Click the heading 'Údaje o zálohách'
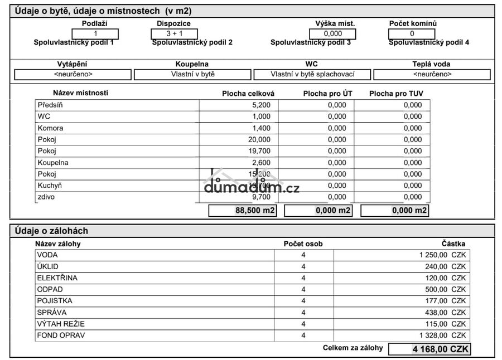click(51, 231)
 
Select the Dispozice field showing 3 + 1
click(174, 33)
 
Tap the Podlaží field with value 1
click(95, 33)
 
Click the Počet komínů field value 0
click(412, 33)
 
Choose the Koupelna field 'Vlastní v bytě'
click(192, 74)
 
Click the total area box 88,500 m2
click(243, 210)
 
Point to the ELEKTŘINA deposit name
click(57, 278)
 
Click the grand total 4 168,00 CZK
click(429, 349)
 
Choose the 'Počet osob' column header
click(303, 244)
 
